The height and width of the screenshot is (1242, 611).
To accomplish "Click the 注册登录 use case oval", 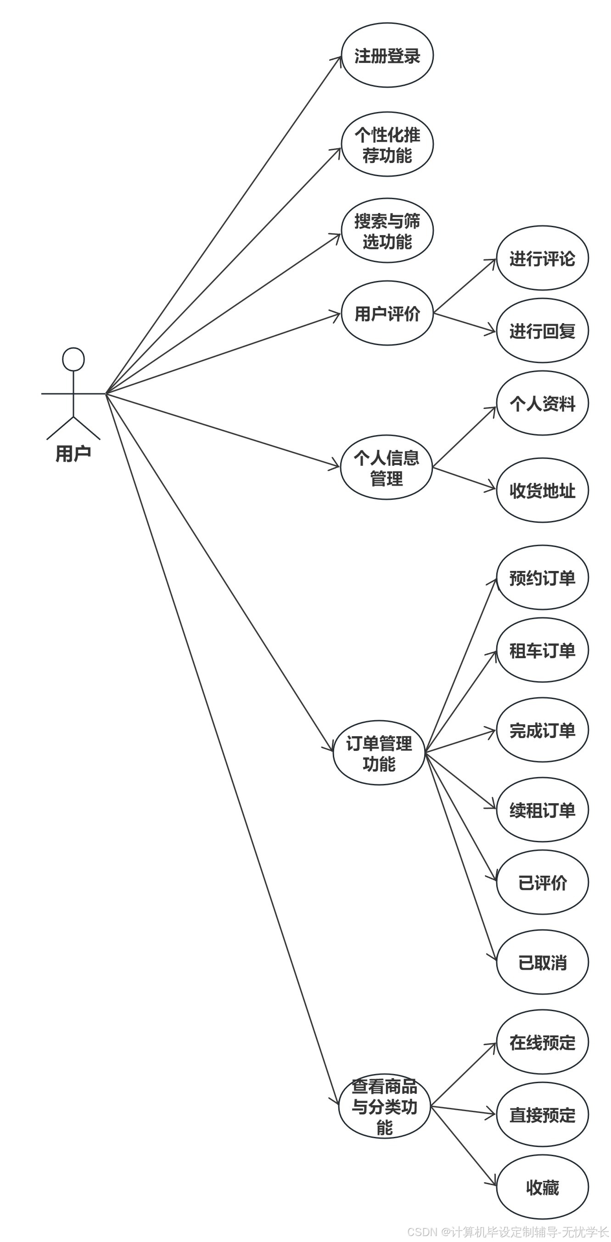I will pyautogui.click(x=387, y=56).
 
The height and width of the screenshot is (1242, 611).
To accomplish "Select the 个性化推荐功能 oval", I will pyautogui.click(x=387, y=145).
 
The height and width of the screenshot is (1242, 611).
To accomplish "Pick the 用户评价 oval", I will pyautogui.click(x=387, y=313).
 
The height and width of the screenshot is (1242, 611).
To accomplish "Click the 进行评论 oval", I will pyautogui.click(x=542, y=258).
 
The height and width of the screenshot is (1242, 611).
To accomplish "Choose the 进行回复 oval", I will pyautogui.click(x=542, y=331).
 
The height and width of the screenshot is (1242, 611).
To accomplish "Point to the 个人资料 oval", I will pyautogui.click(x=542, y=403).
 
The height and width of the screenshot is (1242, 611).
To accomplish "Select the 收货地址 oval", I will pyautogui.click(x=542, y=490).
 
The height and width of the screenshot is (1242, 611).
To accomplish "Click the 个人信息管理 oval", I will pyautogui.click(x=386, y=467).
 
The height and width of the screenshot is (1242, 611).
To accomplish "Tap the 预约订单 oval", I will pyautogui.click(x=542, y=577).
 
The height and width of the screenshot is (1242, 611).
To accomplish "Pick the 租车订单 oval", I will pyautogui.click(x=542, y=650).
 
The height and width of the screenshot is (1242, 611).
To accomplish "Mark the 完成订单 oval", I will pyautogui.click(x=542, y=730).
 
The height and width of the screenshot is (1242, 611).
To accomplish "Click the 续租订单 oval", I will pyautogui.click(x=542, y=810).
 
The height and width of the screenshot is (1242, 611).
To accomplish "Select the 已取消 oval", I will pyautogui.click(x=542, y=962).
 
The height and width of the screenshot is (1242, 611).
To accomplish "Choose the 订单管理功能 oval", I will pyautogui.click(x=379, y=753).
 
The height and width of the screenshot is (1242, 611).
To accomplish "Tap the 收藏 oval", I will pyautogui.click(x=542, y=1187).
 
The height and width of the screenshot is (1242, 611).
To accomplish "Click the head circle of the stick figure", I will pyautogui.click(x=73, y=359).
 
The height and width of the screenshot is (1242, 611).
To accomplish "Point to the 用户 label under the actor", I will pyautogui.click(x=73, y=453).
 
